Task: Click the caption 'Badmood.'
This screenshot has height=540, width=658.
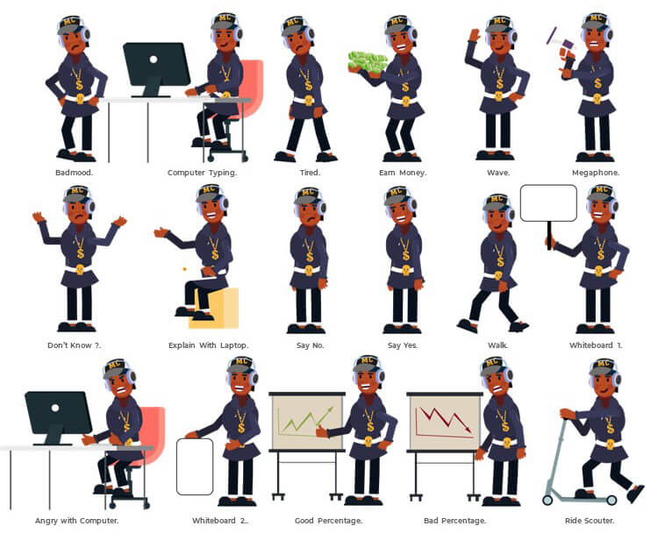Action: pos(75,173)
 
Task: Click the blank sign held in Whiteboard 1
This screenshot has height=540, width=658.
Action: pos(548,202)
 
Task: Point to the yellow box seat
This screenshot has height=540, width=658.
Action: pos(218,309)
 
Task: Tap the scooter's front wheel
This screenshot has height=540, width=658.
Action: pos(547,500)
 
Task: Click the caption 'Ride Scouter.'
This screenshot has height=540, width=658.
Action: pos(590,521)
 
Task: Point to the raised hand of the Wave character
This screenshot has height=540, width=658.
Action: pos(475,35)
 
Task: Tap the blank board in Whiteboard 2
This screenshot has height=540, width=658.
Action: pos(195,466)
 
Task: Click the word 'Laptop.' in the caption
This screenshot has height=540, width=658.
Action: pos(234,346)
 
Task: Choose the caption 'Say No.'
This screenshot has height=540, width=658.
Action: pos(310,345)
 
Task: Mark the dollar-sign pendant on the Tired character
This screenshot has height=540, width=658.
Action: pos(309,85)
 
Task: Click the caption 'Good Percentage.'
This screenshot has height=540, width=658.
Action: pos(329,521)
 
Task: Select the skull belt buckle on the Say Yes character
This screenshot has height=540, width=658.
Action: pos(406,270)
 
